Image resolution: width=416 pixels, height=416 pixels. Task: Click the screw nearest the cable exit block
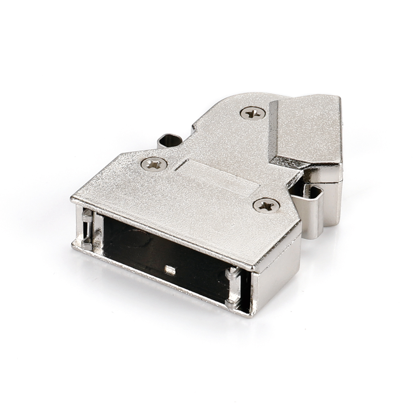coord(253,113)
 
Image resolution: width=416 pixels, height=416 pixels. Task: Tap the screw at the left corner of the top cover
coord(154,164)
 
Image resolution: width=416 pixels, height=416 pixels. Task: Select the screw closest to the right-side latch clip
coord(266,206)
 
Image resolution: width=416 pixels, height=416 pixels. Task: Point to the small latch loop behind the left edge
coord(169,141)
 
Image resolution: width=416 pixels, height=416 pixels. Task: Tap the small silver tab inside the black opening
coord(170,270)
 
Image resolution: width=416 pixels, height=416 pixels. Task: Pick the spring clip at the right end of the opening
coord(233,287)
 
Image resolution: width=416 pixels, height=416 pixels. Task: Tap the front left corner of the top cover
coord(74,199)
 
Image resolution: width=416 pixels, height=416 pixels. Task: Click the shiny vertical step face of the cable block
coord(273,128)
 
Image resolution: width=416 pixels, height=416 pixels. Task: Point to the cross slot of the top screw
coord(253,113)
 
